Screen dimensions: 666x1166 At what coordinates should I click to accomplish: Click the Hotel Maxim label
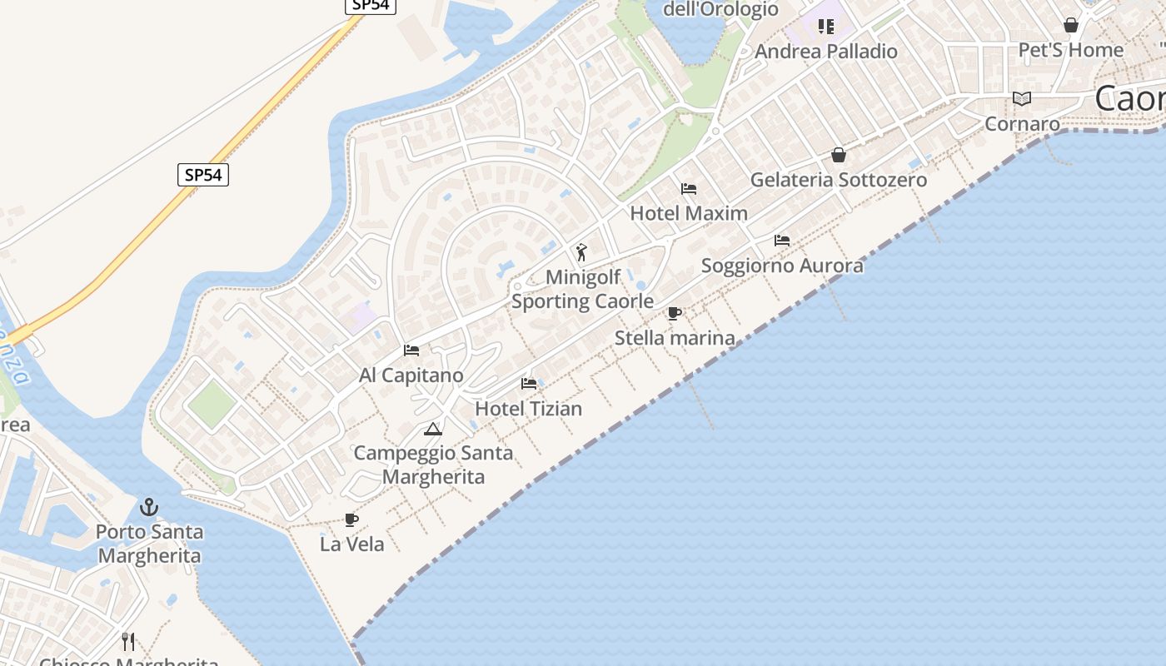point(689,213)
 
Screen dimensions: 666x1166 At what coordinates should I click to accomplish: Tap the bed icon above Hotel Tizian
point(529,384)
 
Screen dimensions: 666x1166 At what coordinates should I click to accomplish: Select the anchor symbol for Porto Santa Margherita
point(149,506)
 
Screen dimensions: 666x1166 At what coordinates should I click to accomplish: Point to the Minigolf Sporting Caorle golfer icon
point(582,251)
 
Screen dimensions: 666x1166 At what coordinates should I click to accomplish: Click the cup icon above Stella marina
point(675,313)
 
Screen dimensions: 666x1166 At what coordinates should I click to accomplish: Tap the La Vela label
point(352,544)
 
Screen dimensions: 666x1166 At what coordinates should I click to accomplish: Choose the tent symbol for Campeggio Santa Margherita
point(432,429)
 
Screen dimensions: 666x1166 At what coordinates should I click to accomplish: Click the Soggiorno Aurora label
point(782,266)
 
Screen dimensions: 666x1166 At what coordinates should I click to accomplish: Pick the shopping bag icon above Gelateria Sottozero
point(839,155)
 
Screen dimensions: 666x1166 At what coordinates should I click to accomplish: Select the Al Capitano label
point(411,375)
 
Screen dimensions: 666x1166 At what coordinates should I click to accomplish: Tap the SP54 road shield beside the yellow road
point(203,175)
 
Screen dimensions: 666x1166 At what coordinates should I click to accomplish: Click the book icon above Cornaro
point(1022,99)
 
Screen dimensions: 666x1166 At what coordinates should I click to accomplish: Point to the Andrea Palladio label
point(826,52)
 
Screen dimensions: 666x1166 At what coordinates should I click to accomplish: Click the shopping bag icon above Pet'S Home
point(1071,25)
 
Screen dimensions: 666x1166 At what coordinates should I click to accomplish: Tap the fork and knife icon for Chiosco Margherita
point(128,641)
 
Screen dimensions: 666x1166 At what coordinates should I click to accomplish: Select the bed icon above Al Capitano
point(411,350)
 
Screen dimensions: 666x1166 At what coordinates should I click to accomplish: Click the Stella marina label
point(675,338)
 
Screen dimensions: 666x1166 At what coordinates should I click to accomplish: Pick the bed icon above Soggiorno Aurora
point(782,241)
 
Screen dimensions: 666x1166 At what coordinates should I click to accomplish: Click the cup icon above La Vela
point(352,520)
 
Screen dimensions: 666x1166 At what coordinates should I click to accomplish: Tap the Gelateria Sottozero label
point(839,180)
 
